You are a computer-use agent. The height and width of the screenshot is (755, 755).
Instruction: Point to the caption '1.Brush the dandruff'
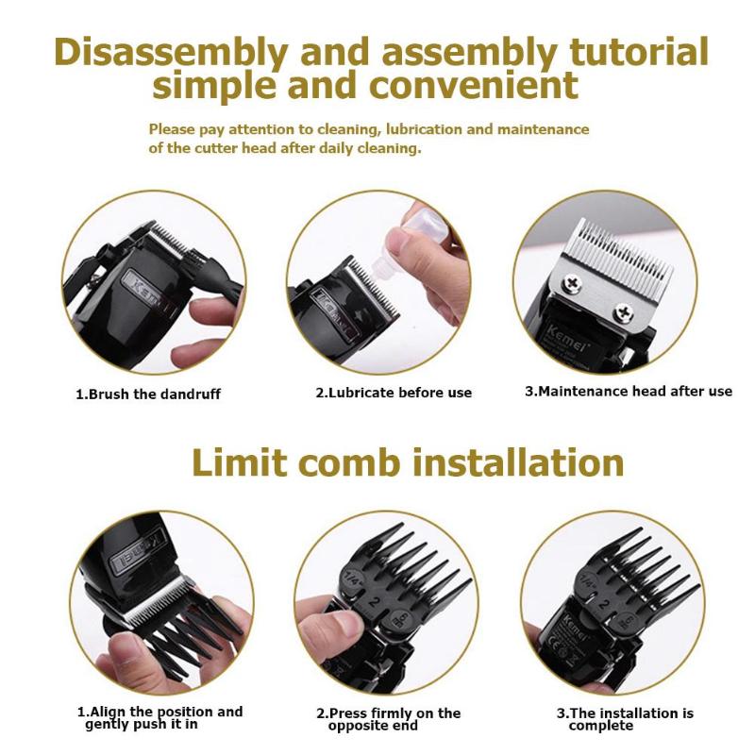tap(148, 394)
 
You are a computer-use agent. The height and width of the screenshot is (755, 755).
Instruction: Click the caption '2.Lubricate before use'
tap(394, 392)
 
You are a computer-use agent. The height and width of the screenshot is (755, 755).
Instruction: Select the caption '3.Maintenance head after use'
tap(629, 391)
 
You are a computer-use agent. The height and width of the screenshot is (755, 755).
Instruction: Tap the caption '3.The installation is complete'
tap(624, 719)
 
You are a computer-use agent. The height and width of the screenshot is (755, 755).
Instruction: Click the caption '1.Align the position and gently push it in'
tap(159, 718)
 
